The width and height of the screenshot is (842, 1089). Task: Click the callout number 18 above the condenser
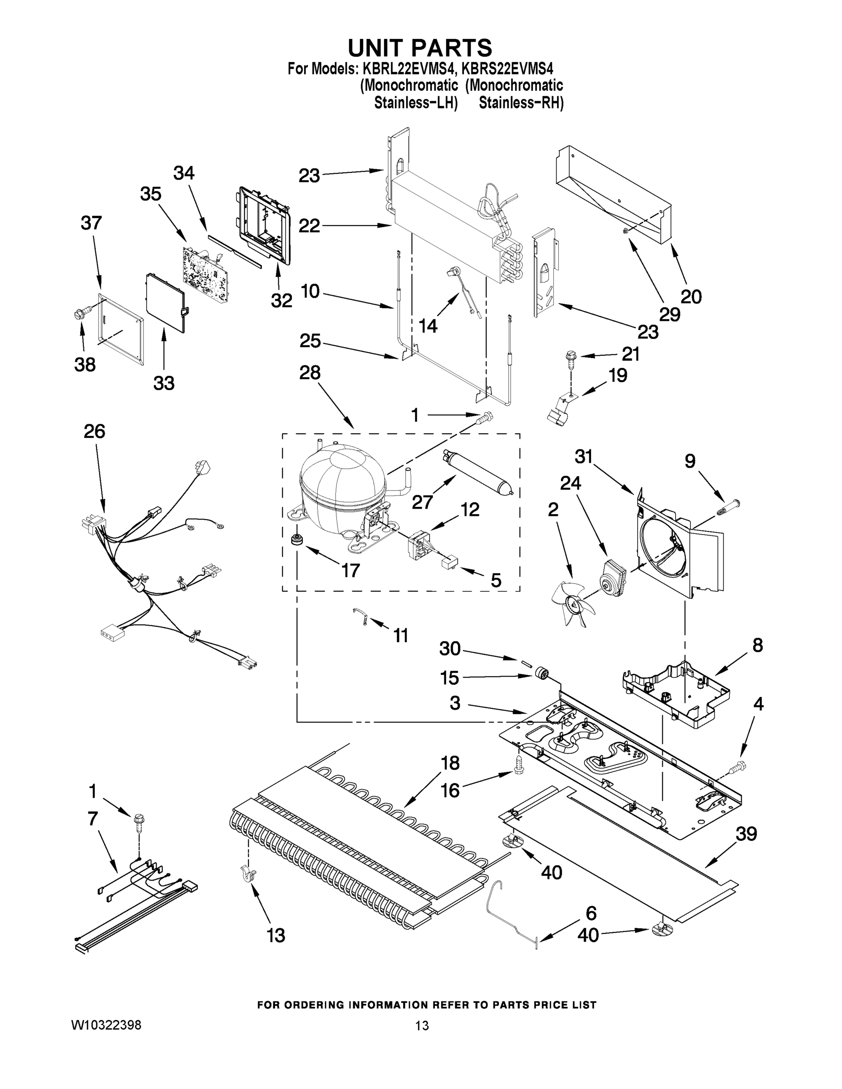[x=449, y=763]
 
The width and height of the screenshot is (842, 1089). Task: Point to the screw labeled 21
[x=570, y=357]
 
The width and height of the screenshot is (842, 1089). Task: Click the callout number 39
[x=746, y=833]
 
